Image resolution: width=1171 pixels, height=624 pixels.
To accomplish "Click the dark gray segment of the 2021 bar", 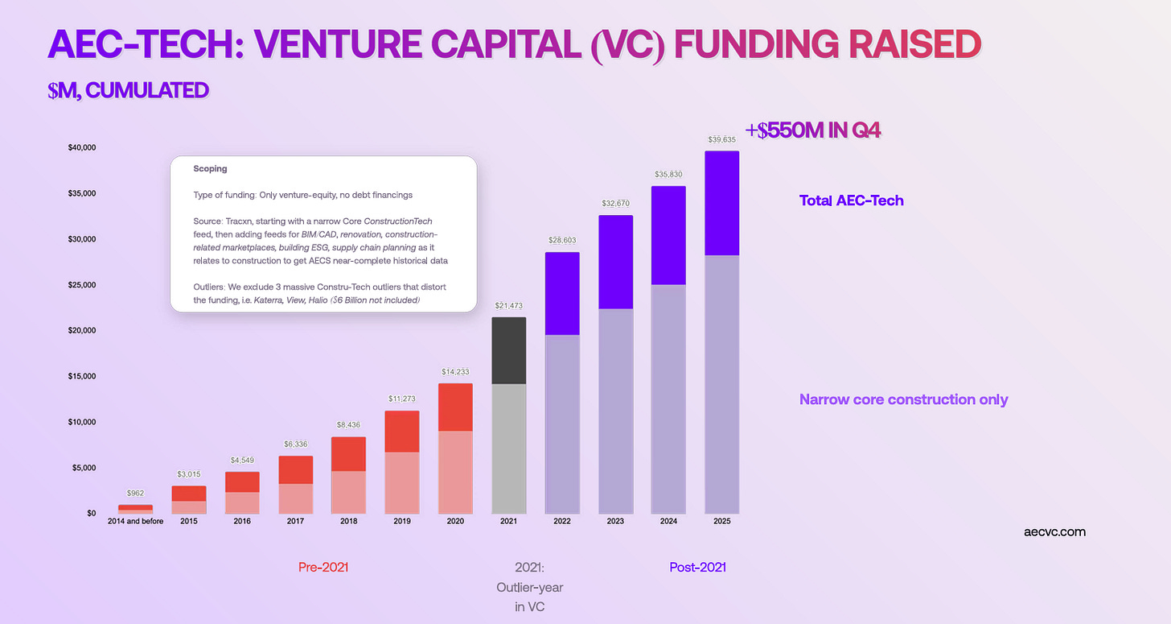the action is [508, 351].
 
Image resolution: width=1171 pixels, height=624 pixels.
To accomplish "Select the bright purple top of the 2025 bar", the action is [722, 203].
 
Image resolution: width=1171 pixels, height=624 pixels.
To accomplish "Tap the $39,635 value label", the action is [722, 140].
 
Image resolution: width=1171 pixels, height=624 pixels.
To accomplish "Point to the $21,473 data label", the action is [508, 306].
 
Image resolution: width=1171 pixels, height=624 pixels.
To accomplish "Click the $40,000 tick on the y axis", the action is [82, 147].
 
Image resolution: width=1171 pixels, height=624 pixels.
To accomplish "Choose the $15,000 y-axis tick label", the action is [82, 376].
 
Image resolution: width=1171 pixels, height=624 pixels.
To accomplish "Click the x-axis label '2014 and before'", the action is [135, 522].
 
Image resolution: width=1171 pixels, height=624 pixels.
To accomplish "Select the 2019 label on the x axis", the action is [402, 522].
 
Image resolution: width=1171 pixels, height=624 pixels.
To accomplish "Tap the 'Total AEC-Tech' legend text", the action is [852, 200].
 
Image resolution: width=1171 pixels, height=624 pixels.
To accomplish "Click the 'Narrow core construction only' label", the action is [904, 399].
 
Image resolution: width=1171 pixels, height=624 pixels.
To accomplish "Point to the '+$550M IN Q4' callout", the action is [813, 130].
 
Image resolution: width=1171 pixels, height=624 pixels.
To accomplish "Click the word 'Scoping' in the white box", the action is [210, 168].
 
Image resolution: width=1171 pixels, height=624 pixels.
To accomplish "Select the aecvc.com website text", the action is [1055, 532].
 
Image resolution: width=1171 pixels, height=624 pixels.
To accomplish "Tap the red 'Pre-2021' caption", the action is [323, 568].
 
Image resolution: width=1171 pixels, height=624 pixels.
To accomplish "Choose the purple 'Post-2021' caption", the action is [698, 568].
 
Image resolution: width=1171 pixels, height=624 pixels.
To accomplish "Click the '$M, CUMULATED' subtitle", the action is [128, 90].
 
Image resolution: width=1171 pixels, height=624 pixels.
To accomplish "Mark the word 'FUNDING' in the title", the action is [757, 44].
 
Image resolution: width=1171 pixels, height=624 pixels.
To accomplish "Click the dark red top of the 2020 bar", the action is [455, 407].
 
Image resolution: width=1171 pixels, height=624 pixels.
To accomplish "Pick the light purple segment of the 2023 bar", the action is [616, 411].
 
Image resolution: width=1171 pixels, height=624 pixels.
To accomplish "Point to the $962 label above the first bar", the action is [135, 493].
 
